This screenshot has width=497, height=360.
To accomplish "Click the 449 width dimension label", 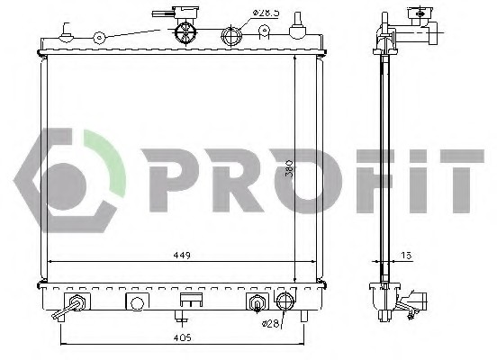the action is click(182, 255).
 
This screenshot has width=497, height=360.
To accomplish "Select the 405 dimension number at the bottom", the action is click(183, 337).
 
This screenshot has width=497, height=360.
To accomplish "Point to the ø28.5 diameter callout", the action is click(266, 13).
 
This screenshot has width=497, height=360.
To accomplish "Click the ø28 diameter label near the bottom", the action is click(270, 323).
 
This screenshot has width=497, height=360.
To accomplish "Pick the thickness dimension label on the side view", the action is click(407, 255).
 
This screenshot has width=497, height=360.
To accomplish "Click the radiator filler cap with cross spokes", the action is click(186, 31).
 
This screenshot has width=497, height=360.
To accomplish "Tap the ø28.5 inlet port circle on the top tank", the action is click(231, 35).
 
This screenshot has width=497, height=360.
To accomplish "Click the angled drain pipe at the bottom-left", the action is click(67, 310).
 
